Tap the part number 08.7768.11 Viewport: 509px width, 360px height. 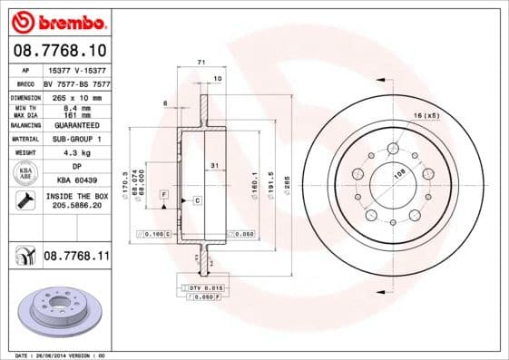tap(76, 258)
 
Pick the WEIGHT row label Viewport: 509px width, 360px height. tap(24, 153)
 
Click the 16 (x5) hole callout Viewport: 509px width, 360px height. tap(426, 116)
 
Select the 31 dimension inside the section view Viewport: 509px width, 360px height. tap(214, 164)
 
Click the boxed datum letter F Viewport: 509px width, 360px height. tap(163, 195)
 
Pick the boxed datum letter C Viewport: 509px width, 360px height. tap(196, 199)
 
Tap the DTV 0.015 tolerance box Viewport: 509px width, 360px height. tap(201, 287)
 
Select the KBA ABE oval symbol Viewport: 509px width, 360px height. tap(25, 174)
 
